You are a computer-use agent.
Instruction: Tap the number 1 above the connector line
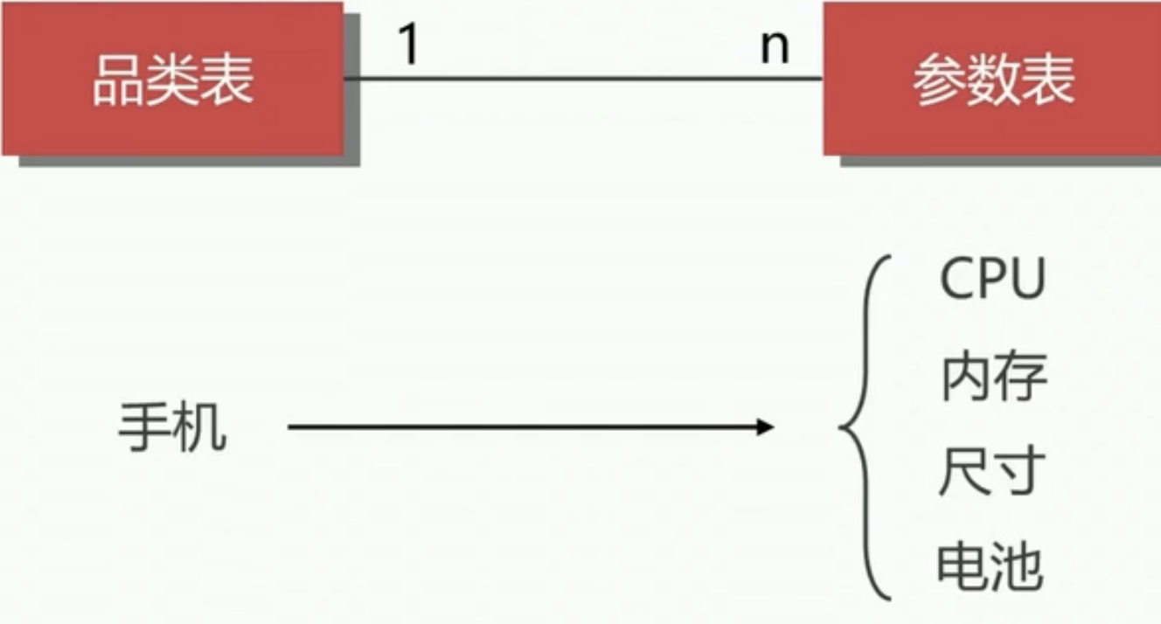click(408, 45)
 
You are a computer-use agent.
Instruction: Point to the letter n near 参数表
click(775, 47)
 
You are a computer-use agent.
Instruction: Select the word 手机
click(172, 428)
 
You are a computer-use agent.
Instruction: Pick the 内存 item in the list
click(993, 378)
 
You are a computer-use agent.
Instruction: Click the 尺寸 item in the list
click(992, 473)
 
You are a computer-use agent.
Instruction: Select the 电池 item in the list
click(991, 567)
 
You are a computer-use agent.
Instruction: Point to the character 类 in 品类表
click(172, 81)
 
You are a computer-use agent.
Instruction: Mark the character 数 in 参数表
click(993, 81)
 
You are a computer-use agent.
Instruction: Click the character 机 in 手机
click(200, 429)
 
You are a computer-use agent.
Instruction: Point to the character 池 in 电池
click(1018, 567)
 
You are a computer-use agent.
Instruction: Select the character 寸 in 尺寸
click(1019, 473)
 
